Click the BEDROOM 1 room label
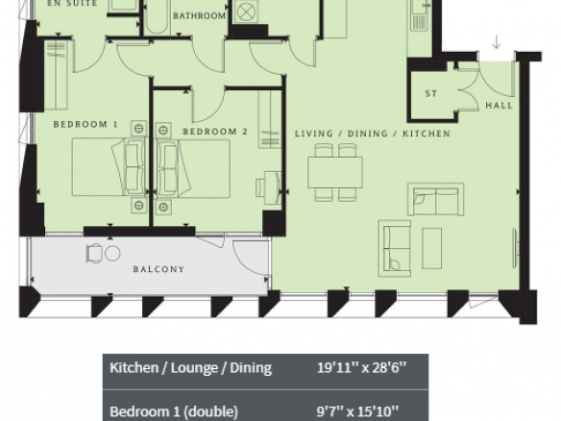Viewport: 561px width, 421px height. point(85,124)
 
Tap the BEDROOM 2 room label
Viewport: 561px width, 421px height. point(215,132)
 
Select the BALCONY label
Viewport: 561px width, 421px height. point(159,269)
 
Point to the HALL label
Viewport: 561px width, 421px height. point(500,106)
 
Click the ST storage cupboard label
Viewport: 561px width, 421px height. point(431,93)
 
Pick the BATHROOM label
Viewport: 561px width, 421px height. point(199,15)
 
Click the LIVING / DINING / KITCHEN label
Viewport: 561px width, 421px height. point(373,134)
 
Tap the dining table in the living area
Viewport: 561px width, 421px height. point(335,173)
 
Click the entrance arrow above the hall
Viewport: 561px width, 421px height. point(497,41)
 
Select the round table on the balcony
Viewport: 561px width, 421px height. point(112,254)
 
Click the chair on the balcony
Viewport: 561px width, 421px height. point(94,254)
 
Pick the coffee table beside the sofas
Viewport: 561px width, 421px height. point(432,248)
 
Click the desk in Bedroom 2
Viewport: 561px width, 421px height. point(273,187)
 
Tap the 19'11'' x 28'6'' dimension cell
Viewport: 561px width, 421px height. point(362,368)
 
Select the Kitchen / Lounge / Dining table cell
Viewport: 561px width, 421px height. point(191,368)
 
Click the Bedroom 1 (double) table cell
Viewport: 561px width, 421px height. point(174,411)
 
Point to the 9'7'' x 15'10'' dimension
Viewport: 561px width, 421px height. point(357,411)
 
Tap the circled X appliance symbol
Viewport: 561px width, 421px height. point(245,12)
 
